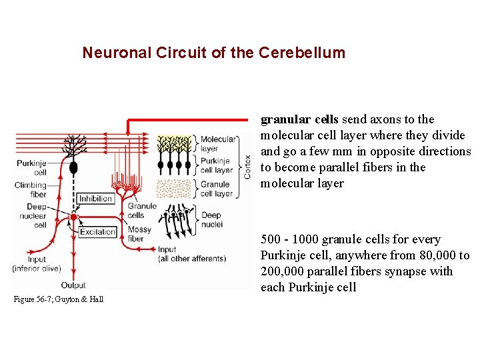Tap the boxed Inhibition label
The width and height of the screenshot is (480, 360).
95,198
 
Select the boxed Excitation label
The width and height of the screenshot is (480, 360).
97,232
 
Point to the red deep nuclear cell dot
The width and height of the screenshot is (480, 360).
73,217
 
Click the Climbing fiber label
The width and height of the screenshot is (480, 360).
31,190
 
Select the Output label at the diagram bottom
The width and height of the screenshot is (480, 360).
73,285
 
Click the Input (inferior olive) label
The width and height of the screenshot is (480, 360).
36,264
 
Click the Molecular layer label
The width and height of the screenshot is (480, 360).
218,144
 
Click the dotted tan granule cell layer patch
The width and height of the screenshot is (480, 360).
175,188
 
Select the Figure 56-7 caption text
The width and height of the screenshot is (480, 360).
59,300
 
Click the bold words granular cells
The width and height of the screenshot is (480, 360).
300,119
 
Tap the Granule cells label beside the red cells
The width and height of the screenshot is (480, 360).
141,211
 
